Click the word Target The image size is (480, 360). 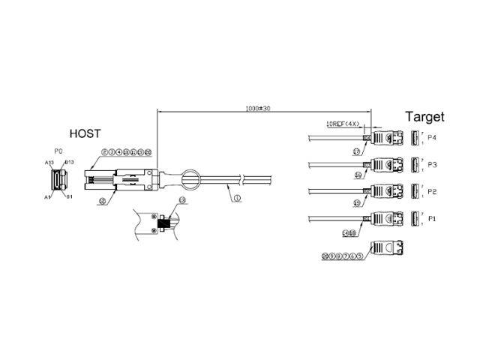424,116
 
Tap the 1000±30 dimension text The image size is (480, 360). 257,109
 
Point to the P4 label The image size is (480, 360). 432,138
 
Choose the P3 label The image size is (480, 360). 432,164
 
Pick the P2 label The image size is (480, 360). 432,191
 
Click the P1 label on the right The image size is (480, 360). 432,218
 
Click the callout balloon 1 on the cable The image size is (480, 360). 237,199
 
